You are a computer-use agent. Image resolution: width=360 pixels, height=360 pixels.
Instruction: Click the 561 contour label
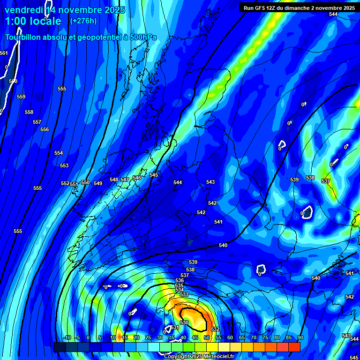4,53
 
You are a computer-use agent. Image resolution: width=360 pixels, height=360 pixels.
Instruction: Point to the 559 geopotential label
21,97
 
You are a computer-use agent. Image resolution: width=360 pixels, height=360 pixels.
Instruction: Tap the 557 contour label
37,122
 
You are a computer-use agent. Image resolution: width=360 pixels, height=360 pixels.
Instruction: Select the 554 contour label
59,153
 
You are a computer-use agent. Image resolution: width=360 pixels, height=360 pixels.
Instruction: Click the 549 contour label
98,183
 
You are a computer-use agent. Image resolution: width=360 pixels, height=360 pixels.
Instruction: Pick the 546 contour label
137,178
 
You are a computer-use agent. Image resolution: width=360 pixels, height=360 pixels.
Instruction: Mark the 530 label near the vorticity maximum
184,323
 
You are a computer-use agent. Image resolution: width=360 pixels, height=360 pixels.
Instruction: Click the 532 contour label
215,330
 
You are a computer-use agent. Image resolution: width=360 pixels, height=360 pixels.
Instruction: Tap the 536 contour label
180,280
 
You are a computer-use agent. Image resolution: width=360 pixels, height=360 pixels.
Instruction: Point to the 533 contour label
184,295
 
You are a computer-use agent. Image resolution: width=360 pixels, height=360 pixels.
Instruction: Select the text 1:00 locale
33,21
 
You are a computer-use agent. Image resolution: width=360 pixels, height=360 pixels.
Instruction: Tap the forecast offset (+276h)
83,21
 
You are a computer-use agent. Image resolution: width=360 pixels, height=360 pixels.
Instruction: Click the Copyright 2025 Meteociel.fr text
199,357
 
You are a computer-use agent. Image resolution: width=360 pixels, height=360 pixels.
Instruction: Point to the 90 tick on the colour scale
300,338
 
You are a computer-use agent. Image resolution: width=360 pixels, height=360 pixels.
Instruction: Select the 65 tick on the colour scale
241,338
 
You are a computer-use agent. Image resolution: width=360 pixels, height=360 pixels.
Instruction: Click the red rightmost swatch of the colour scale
294,347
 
